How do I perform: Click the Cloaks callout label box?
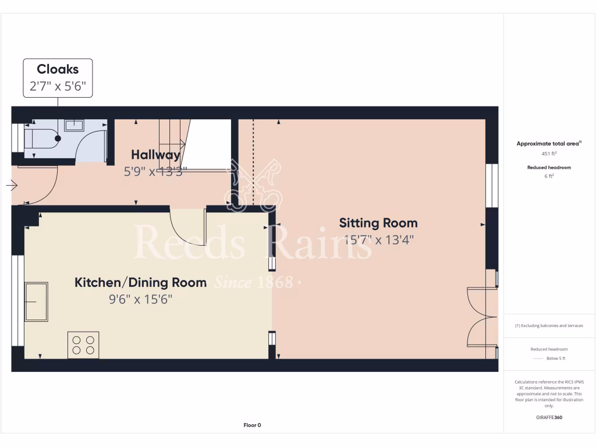(x=58, y=77)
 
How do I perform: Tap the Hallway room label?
(x=155, y=155)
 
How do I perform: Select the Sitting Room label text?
(x=378, y=223)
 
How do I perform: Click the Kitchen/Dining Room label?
(x=140, y=283)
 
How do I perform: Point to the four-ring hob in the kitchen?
(x=83, y=344)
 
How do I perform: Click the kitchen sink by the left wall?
(x=36, y=301)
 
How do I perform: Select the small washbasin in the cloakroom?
(x=74, y=125)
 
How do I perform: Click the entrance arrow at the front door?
(x=12, y=186)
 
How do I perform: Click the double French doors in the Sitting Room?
(x=483, y=317)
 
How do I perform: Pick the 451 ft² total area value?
(x=549, y=154)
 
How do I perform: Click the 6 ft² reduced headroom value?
(x=549, y=176)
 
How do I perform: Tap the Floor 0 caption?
(x=252, y=425)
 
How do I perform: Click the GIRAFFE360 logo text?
(x=549, y=417)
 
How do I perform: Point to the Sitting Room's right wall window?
(x=492, y=185)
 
